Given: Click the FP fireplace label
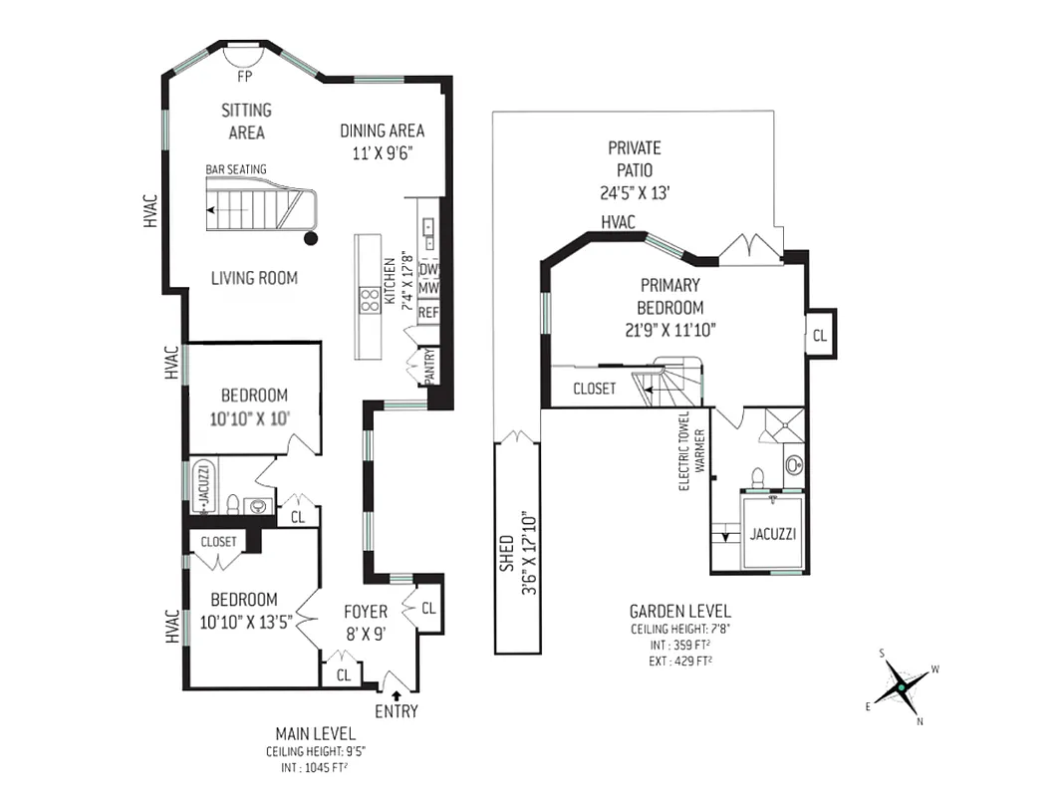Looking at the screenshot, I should click(242, 76).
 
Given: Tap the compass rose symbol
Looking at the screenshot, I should click(901, 686).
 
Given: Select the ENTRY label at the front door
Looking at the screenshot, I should click(397, 711).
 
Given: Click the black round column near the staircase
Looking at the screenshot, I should click(311, 238).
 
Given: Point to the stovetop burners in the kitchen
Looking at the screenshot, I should click(369, 300).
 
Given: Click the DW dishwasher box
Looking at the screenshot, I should click(428, 270).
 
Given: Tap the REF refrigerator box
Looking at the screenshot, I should click(428, 312).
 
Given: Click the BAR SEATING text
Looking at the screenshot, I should click(236, 169).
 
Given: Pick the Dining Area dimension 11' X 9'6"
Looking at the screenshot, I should click(383, 152).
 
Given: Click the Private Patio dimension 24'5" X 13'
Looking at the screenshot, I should click(635, 193).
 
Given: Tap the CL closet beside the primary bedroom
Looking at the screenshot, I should click(819, 336).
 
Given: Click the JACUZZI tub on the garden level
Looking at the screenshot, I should click(773, 534).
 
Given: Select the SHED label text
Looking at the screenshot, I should click(506, 552).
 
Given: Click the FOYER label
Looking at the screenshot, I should click(366, 612).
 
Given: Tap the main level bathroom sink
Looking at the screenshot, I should click(258, 506).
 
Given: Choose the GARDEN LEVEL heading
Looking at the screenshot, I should click(679, 611).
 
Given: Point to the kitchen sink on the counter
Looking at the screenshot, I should click(429, 234).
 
